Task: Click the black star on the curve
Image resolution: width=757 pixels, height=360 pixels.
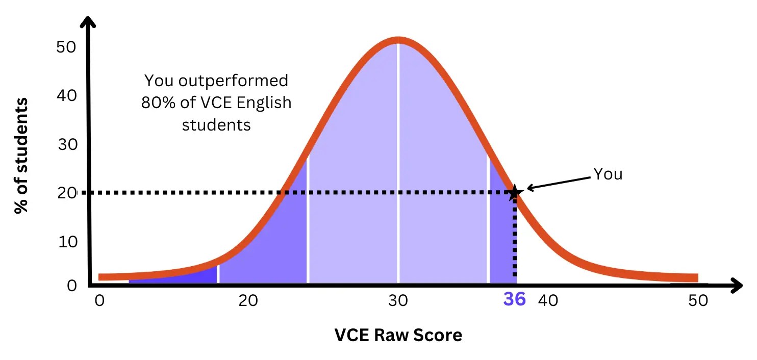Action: point(514,192)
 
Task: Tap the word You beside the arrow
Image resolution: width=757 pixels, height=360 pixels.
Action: point(608,174)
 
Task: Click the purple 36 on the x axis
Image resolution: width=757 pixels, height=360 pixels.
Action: point(514,299)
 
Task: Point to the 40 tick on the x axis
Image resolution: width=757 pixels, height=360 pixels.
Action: point(548,301)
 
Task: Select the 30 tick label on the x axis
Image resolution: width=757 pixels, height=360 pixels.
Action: point(398,301)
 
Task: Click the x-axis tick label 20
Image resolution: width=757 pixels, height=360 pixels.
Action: point(248,301)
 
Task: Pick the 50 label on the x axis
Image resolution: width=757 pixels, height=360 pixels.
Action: point(698,301)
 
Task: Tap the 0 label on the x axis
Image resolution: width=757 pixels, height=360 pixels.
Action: point(99,301)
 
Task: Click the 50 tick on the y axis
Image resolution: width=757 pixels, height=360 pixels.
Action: point(66,47)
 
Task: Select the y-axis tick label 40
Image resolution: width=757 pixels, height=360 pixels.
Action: point(66,95)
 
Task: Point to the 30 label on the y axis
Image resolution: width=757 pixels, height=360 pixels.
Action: point(66,144)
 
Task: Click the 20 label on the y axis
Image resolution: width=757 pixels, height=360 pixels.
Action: point(66,193)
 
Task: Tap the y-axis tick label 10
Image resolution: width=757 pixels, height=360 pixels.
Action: point(66,242)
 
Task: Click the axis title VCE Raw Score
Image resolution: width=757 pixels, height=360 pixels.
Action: point(398,335)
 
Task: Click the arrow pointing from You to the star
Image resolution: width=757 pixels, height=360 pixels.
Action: point(559,183)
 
